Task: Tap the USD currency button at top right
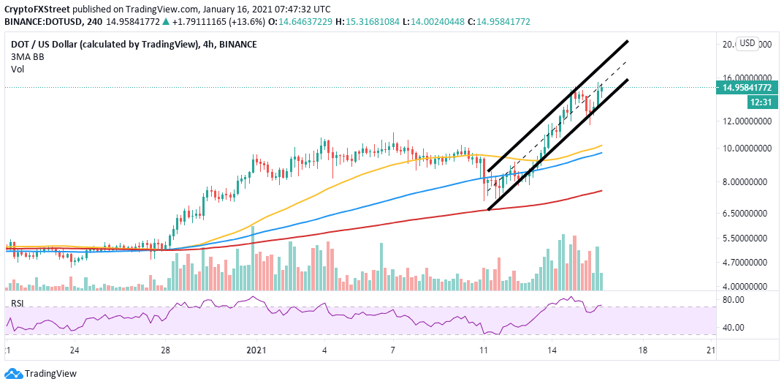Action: [x=747, y=43]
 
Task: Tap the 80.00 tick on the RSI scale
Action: [x=733, y=300]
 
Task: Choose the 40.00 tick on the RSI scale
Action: [x=733, y=328]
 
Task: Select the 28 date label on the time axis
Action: [x=165, y=350]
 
